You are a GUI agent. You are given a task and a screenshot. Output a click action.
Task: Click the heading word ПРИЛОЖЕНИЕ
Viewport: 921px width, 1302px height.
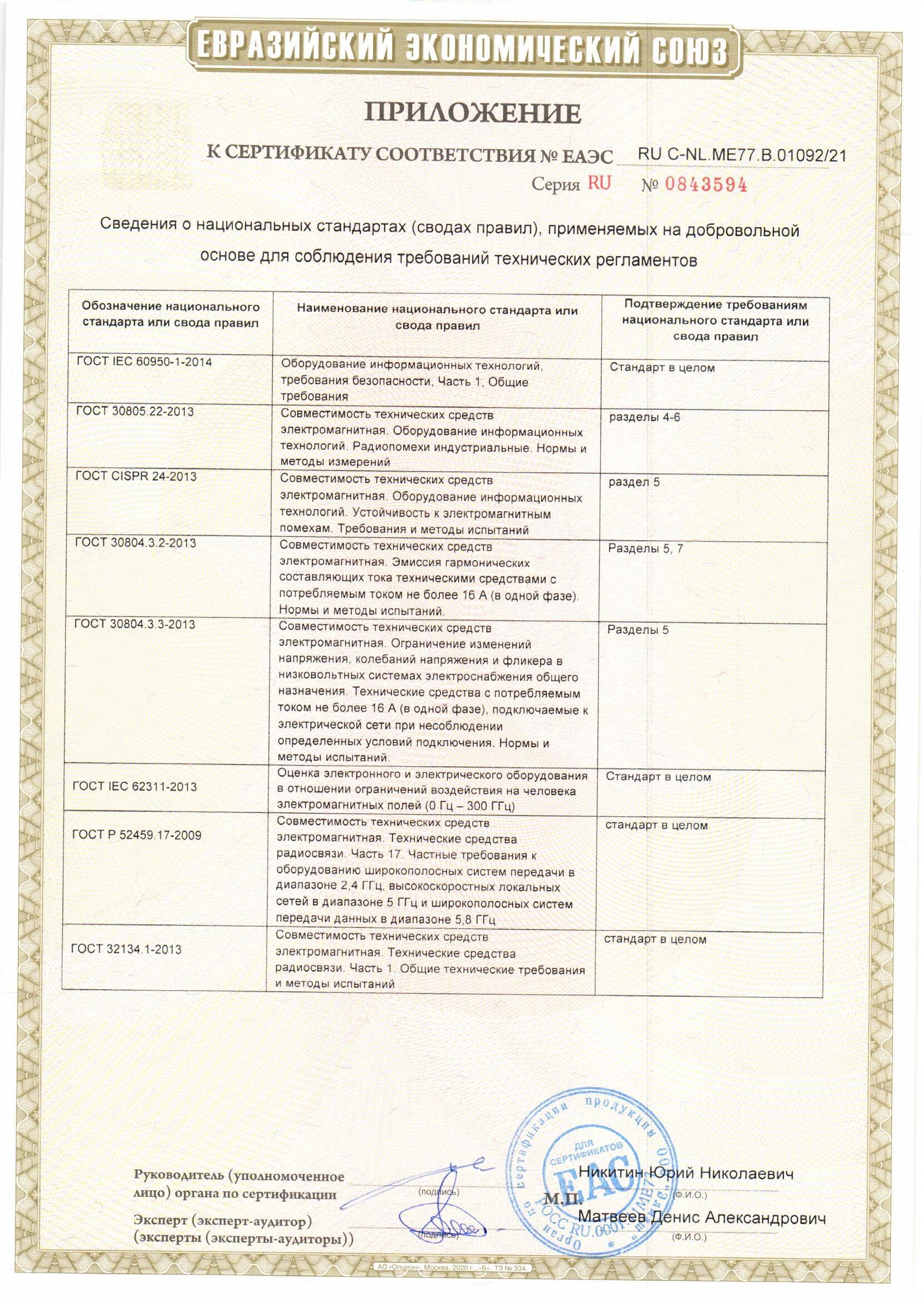tap(472, 114)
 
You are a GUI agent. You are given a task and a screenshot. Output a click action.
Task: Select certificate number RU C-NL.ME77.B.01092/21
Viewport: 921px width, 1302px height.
tap(742, 155)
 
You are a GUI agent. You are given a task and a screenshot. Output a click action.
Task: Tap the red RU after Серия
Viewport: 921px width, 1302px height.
tap(599, 183)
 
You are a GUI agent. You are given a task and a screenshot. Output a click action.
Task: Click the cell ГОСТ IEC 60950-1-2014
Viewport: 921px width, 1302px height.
tap(144, 362)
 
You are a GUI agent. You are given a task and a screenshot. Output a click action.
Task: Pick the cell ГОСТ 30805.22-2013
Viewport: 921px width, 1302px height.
tap(134, 412)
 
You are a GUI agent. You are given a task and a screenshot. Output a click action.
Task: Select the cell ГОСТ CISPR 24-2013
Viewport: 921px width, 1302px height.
tap(136, 476)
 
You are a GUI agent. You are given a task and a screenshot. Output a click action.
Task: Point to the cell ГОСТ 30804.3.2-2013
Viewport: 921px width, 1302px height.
tap(135, 543)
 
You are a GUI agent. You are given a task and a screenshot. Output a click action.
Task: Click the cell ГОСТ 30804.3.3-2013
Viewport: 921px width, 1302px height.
tap(135, 624)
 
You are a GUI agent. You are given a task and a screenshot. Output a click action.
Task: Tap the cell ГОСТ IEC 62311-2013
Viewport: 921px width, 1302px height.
tap(135, 786)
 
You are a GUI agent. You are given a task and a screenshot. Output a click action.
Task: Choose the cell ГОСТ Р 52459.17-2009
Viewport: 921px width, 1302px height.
tap(136, 835)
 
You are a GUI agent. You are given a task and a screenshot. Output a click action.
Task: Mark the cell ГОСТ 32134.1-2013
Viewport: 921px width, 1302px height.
tap(126, 949)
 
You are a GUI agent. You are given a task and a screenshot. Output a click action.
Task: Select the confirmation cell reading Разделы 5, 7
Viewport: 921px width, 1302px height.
tap(641, 549)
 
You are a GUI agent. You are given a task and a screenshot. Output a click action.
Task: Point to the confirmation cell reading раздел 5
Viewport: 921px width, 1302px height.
tap(634, 483)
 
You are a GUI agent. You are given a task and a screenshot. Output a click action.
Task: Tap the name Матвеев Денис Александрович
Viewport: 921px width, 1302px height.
tap(702, 1217)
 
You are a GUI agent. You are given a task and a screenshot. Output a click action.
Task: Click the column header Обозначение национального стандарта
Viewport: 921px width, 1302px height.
tap(170, 315)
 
